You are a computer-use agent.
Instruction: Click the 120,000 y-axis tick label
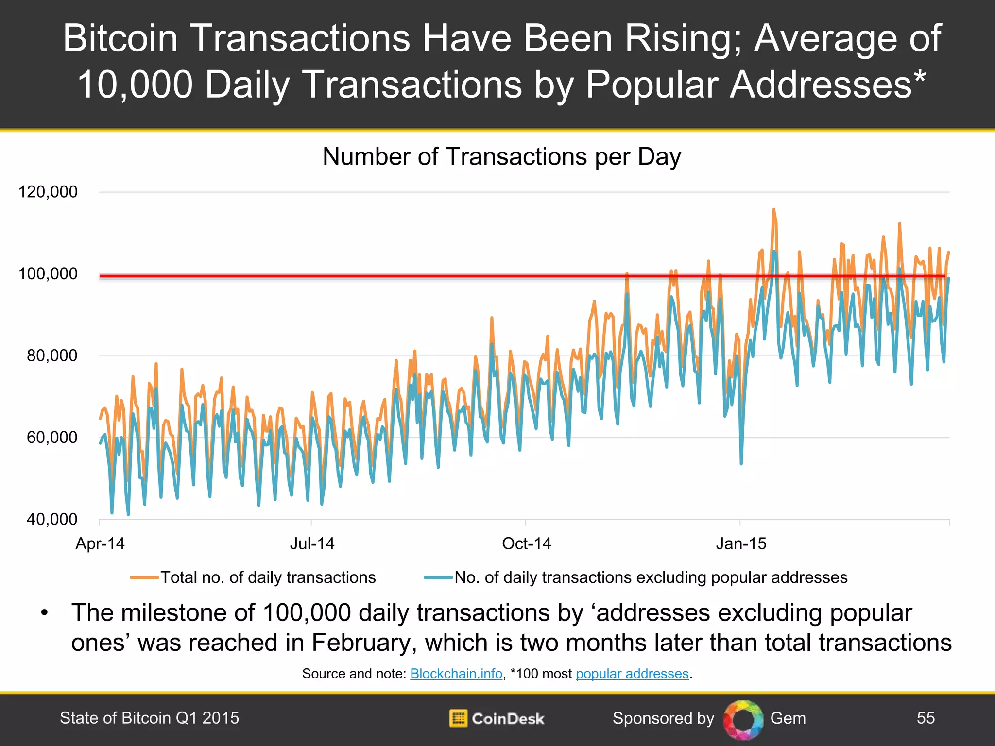(x=48, y=192)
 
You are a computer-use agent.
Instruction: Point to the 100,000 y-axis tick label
(x=48, y=274)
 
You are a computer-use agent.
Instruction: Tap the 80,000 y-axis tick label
(x=51, y=356)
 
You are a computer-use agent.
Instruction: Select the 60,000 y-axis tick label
(x=51, y=437)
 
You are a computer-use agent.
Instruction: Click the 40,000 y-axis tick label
(x=51, y=519)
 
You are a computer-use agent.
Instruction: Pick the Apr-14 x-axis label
(x=100, y=543)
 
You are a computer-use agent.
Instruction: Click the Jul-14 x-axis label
(x=312, y=543)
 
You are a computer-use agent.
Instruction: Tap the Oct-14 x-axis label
(x=526, y=543)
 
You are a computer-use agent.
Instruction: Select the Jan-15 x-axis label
(x=741, y=543)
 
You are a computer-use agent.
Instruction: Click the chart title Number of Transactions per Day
(x=501, y=157)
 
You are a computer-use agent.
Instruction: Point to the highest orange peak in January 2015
(x=773, y=210)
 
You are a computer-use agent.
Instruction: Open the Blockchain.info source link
(x=456, y=674)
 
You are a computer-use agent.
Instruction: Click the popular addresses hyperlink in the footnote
(x=632, y=674)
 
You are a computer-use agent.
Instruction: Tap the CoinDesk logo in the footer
(x=497, y=718)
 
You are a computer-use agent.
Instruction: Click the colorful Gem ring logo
(x=743, y=719)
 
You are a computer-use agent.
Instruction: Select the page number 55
(x=926, y=718)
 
